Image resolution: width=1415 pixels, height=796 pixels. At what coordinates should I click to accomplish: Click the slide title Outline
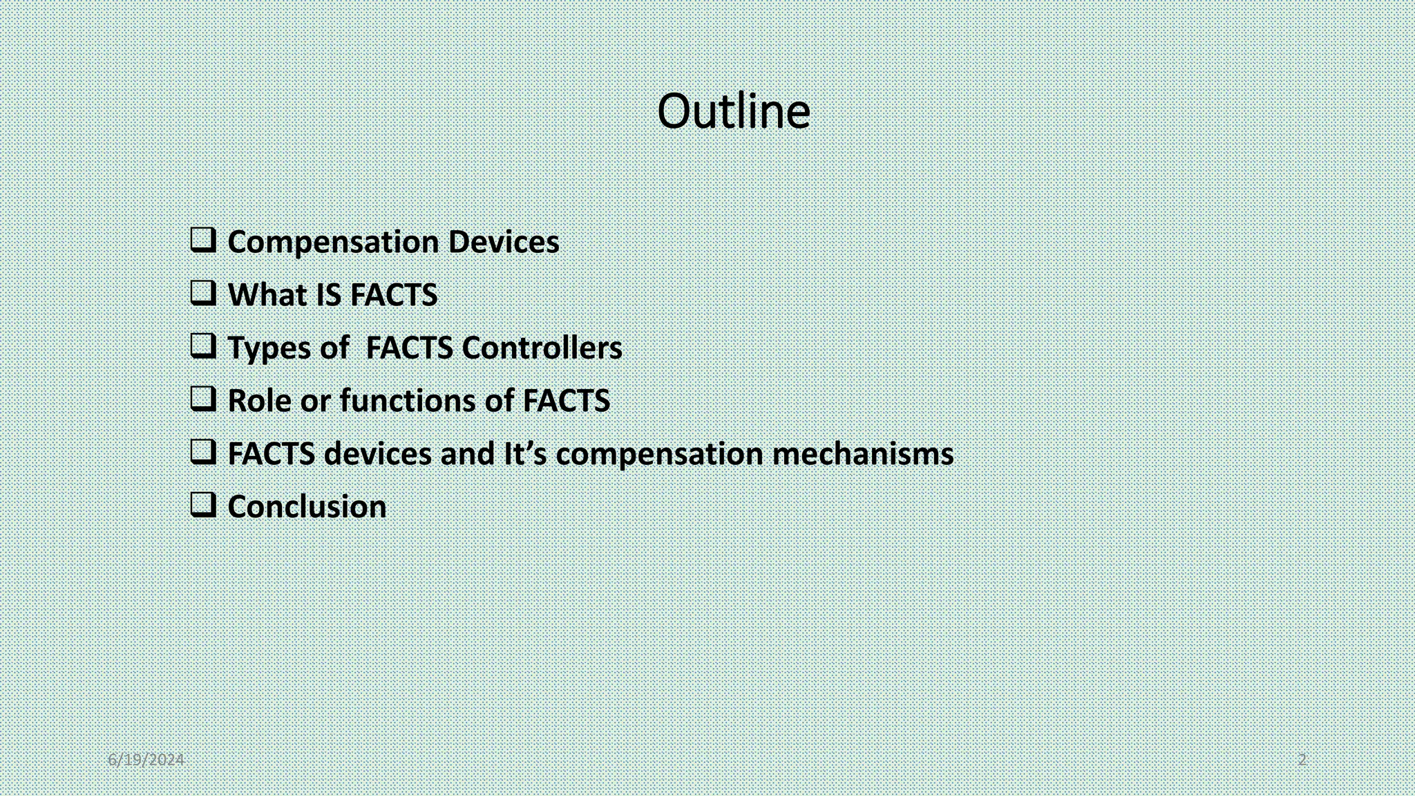click(x=733, y=111)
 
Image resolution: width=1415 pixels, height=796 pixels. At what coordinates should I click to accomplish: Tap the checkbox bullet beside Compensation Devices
click(x=203, y=240)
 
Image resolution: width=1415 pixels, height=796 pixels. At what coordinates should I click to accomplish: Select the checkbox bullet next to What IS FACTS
click(x=203, y=293)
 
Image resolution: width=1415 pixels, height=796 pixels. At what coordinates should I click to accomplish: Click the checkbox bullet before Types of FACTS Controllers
click(x=203, y=346)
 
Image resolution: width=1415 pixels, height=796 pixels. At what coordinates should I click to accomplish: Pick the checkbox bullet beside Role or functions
click(x=203, y=399)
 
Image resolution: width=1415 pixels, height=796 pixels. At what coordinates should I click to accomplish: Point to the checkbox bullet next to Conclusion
click(x=203, y=505)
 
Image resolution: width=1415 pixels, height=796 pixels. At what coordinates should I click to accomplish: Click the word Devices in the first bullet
click(x=504, y=242)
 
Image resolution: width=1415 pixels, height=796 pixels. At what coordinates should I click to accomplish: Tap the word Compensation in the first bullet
click(x=333, y=243)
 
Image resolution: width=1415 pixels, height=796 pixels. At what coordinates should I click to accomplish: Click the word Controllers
click(x=542, y=348)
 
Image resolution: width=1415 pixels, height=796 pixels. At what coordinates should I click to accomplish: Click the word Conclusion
click(x=307, y=506)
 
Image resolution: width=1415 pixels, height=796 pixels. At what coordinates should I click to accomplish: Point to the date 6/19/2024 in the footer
click(x=146, y=760)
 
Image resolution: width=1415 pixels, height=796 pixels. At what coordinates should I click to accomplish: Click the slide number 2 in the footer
click(x=1302, y=760)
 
